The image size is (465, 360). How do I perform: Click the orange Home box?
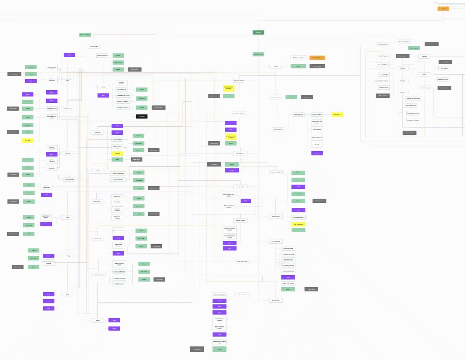tap(443, 9)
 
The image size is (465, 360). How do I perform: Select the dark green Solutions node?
tap(258, 33)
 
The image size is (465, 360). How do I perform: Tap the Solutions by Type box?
tap(258, 54)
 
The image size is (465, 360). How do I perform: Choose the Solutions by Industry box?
tap(85, 35)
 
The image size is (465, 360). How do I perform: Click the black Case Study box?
tap(142, 116)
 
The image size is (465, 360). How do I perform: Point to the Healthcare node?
tap(67, 153)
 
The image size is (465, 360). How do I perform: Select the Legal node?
tap(68, 217)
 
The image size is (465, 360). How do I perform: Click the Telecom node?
tap(97, 320)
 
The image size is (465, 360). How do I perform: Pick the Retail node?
tap(67, 294)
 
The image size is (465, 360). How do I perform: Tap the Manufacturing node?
tap(97, 238)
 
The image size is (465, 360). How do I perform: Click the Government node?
tap(97, 133)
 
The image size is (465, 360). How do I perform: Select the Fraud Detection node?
tap(240, 187)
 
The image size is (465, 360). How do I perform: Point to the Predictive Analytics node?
tap(240, 220)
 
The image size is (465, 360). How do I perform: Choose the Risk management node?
tap(276, 242)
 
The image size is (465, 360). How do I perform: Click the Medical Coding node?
tap(276, 216)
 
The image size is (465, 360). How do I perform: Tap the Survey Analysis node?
tap(276, 301)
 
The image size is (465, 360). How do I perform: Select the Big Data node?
tap(276, 66)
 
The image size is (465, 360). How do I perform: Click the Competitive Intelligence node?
tap(239, 114)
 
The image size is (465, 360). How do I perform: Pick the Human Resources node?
tap(67, 108)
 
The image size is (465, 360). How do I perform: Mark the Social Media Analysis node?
tap(242, 261)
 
